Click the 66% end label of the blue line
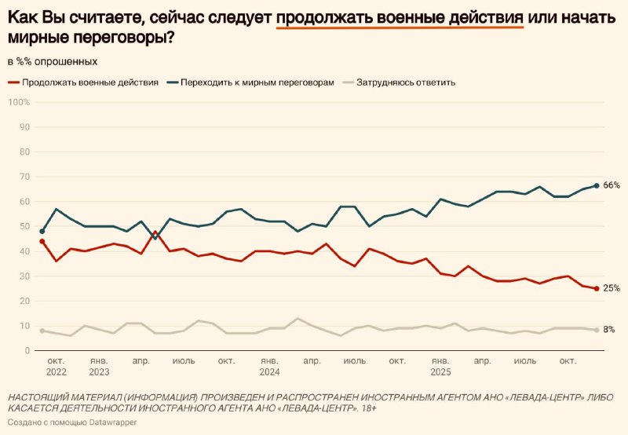click(x=612, y=185)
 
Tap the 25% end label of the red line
click(x=612, y=288)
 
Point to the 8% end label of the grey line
click(x=609, y=330)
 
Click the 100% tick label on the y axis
click(x=19, y=102)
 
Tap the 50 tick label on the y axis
click(x=24, y=226)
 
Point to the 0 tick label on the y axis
click(x=27, y=350)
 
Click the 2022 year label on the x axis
click(x=57, y=371)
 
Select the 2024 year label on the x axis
click(x=270, y=371)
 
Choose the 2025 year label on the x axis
click(x=440, y=371)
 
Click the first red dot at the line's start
click(x=42, y=241)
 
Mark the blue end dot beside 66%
click(x=597, y=185)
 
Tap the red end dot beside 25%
click(x=597, y=288)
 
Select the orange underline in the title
click(x=400, y=26)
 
